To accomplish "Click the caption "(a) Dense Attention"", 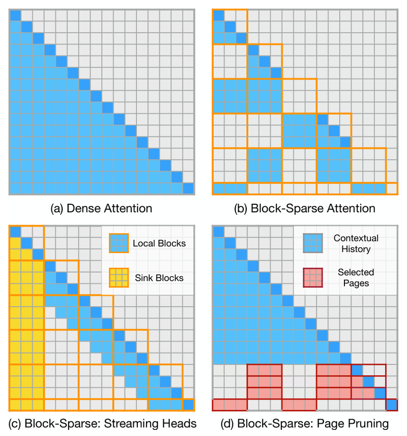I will click(101, 208).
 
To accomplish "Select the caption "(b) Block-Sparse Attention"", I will click(305, 208).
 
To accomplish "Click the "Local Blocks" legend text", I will click(159, 243).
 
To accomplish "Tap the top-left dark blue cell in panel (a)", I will click(15, 15).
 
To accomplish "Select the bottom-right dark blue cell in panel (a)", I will click(188, 188).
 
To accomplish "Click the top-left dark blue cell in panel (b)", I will click(218, 15).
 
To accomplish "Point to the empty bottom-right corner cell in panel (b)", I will click(391, 188).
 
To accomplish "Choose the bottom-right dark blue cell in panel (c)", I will click(188, 405).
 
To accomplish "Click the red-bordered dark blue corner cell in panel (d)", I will click(391, 405).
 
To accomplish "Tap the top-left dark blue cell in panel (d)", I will click(218, 232).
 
